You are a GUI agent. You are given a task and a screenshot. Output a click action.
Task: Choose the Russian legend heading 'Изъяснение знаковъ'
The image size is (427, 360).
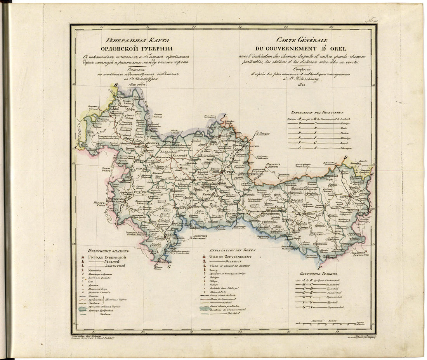[x=108, y=251]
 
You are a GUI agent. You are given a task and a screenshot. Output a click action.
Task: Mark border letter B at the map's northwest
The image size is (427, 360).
[x=115, y=85]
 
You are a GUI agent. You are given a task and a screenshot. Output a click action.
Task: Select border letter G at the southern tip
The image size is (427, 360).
[x=168, y=267]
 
